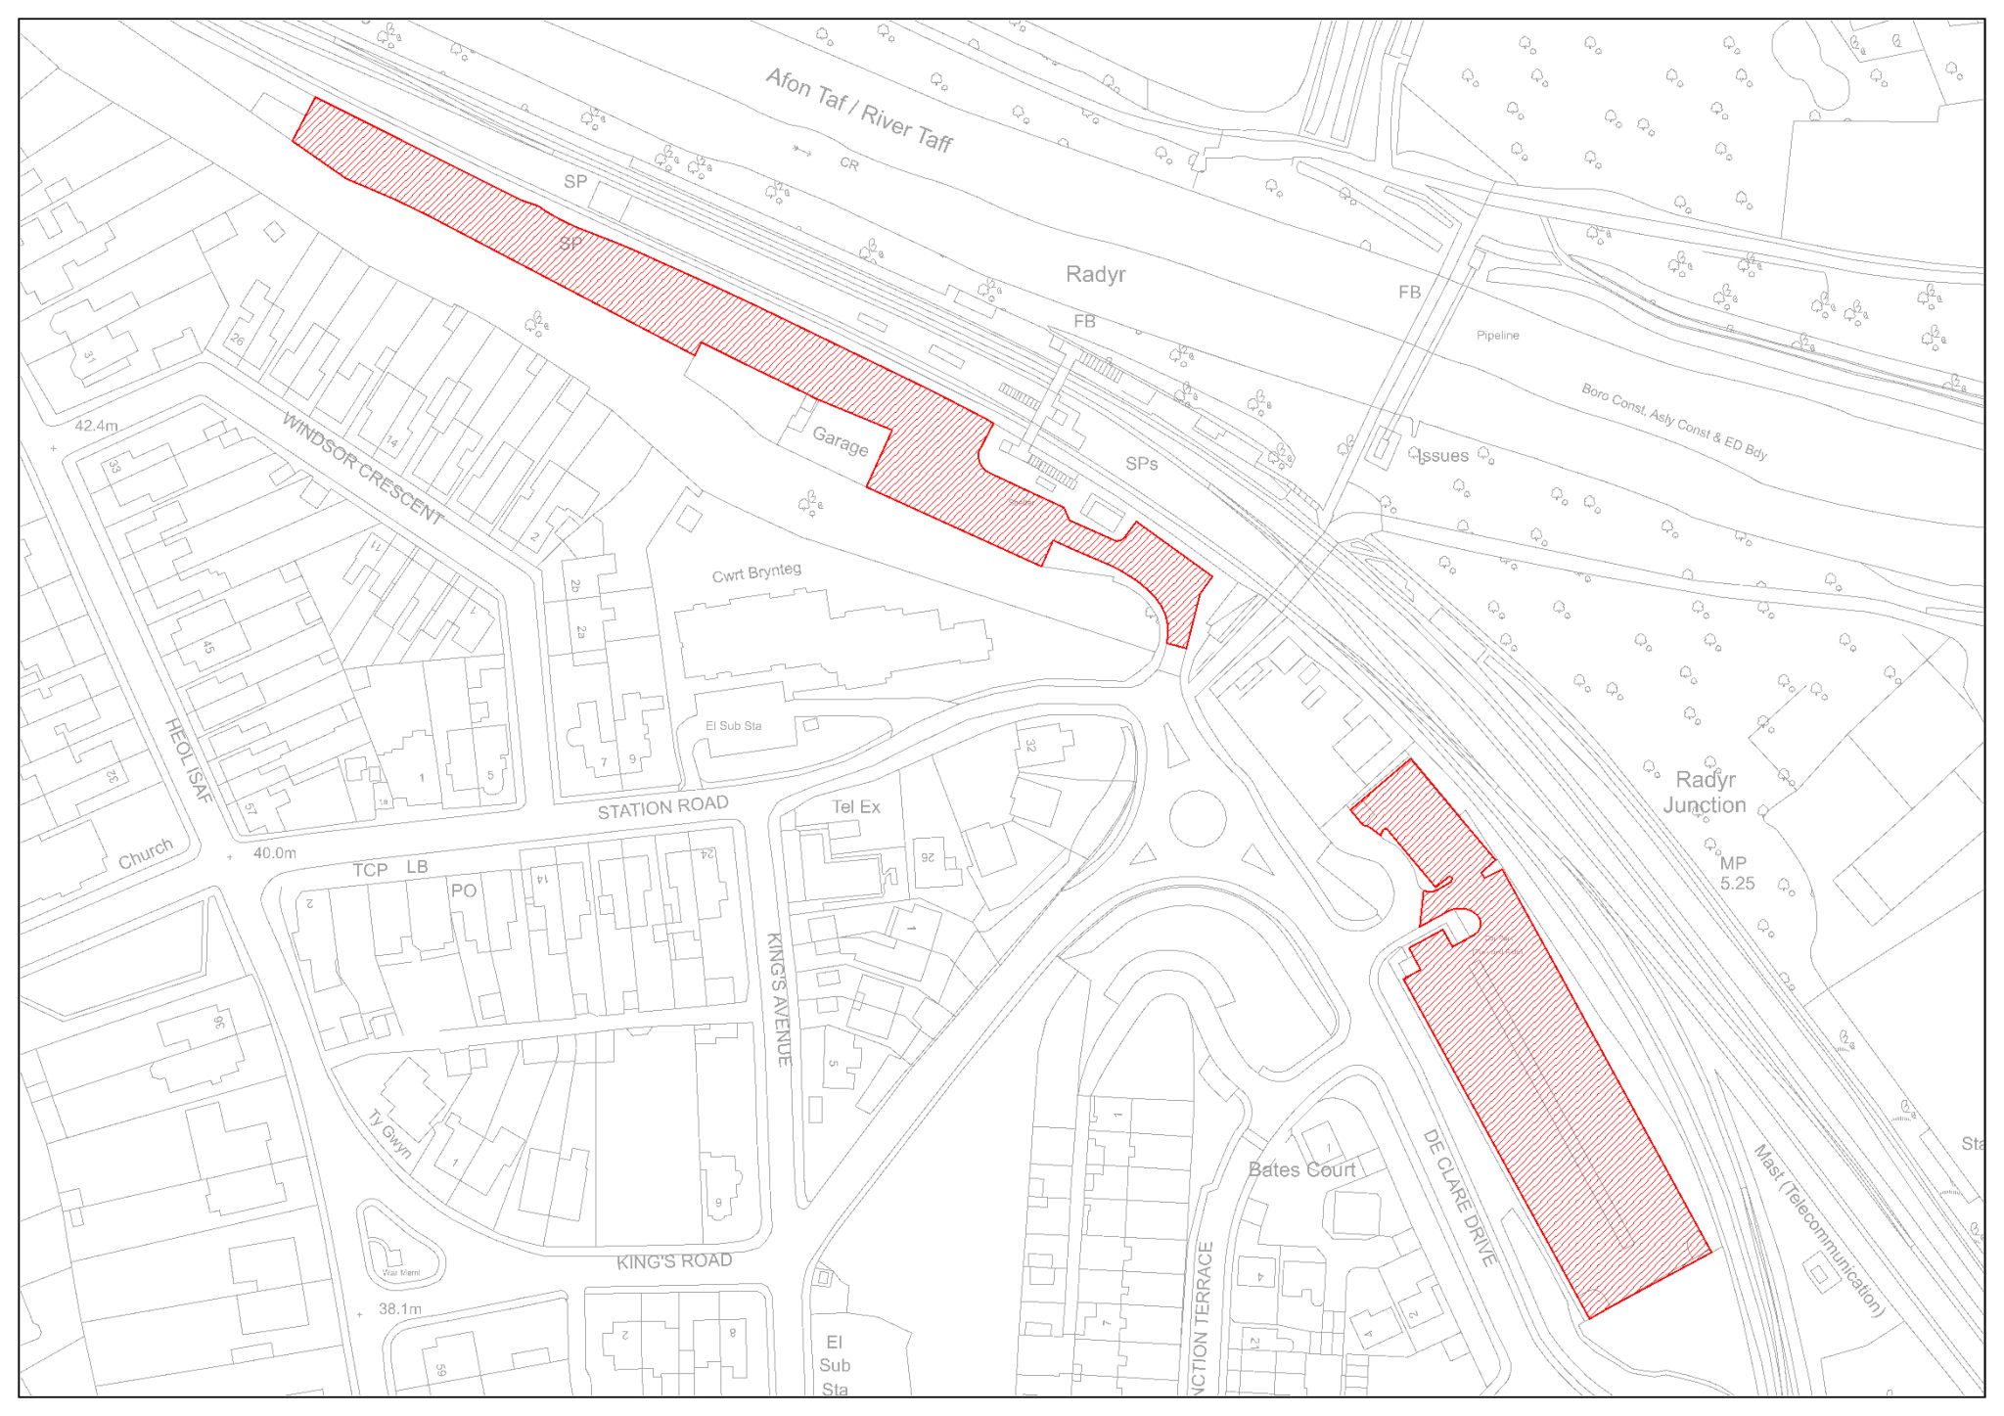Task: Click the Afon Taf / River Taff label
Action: tap(858, 111)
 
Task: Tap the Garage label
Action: tap(840, 442)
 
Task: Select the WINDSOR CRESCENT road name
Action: tap(362, 469)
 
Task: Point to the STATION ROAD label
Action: tap(662, 808)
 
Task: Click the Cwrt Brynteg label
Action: tap(756, 572)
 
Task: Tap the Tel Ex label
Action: tap(855, 807)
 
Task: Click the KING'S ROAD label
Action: tap(674, 1261)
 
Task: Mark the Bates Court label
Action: tap(1301, 1169)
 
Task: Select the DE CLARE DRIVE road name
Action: tap(1459, 1198)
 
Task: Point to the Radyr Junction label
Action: tap(1705, 793)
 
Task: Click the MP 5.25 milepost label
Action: tap(1735, 873)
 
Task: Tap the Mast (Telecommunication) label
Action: tap(1818, 1230)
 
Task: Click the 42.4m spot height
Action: tap(96, 426)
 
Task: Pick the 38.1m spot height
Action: tap(399, 1308)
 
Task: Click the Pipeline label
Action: tap(1497, 336)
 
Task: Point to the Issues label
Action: tap(1442, 456)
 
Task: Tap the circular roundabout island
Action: tap(1197, 818)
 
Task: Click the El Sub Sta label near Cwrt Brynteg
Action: tap(733, 726)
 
